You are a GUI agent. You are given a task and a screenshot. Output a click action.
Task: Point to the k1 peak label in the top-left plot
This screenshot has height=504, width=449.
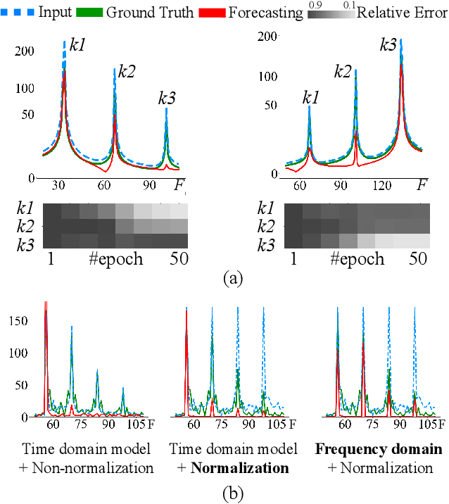[x=79, y=46]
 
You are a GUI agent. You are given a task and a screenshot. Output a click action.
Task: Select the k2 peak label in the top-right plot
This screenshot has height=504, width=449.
[x=343, y=70]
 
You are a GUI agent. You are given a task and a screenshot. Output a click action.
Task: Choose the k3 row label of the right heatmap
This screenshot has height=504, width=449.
[x=266, y=244]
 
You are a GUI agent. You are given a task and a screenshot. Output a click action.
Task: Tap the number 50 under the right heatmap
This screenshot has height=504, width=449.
[x=417, y=259]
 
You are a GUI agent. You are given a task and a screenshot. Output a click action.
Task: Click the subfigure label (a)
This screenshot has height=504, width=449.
[x=232, y=279]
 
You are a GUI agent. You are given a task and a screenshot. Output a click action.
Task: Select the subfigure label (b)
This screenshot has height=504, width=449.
[x=232, y=493]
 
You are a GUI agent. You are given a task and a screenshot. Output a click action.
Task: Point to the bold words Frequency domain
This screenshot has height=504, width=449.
[x=379, y=449]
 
